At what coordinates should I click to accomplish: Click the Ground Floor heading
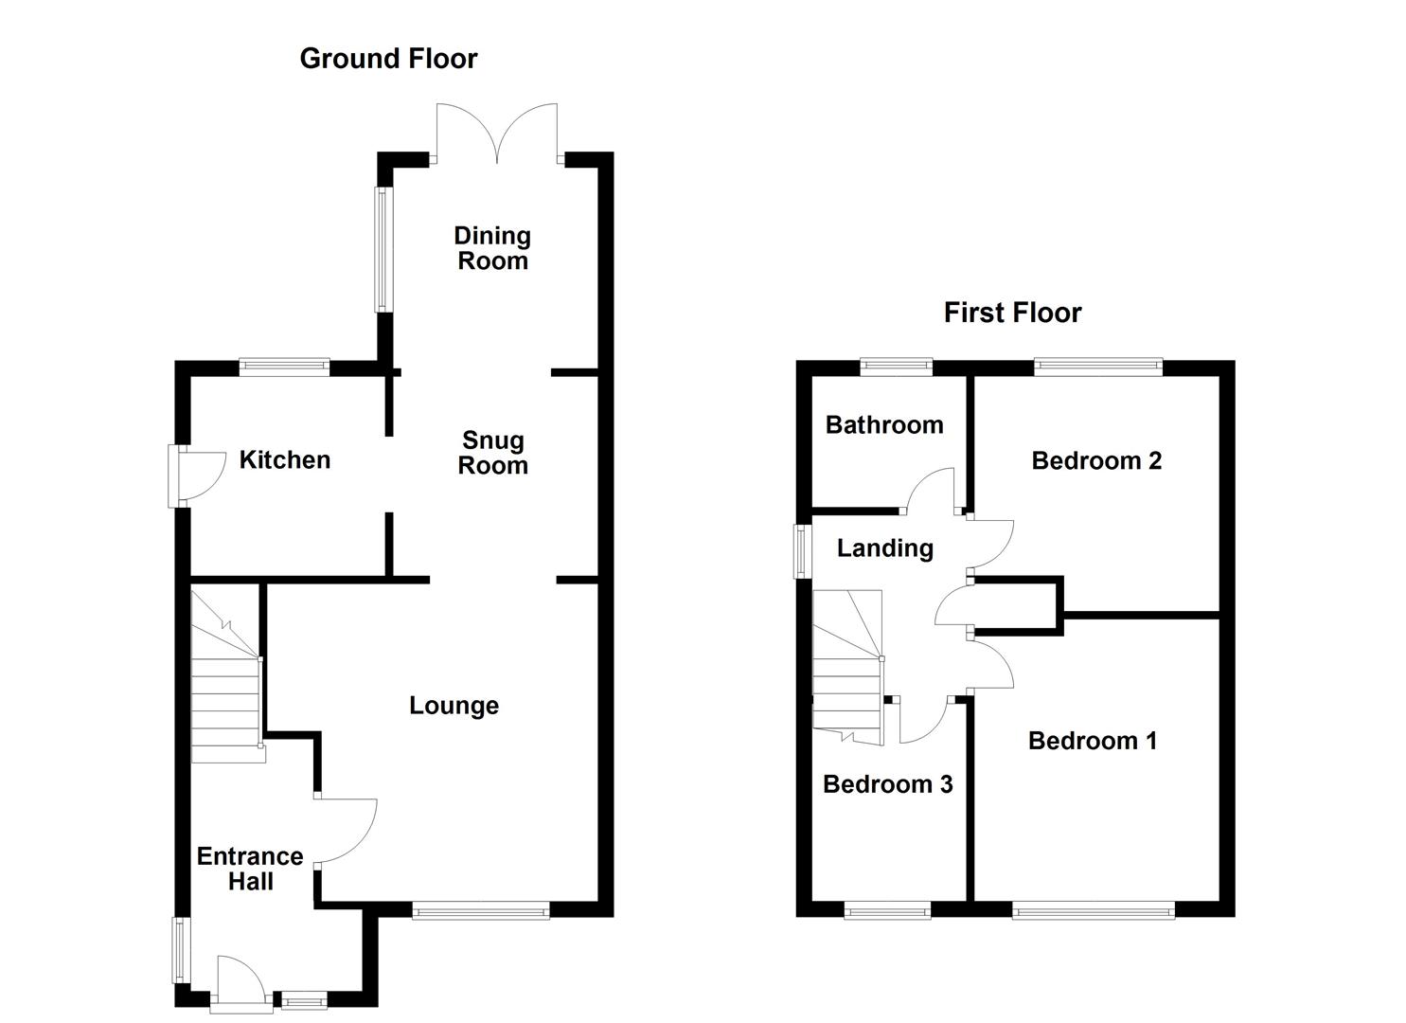click(x=388, y=59)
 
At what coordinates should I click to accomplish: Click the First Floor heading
click(x=1012, y=313)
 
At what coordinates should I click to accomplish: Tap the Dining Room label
click(x=492, y=248)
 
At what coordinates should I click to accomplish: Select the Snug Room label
click(x=492, y=453)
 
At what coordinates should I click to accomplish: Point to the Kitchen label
click(x=284, y=460)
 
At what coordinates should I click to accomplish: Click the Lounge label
click(x=454, y=706)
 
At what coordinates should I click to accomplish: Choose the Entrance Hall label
click(x=250, y=869)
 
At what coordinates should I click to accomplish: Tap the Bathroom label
click(x=884, y=425)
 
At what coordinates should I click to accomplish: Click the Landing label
click(x=885, y=548)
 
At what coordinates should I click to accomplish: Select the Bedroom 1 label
click(x=1093, y=741)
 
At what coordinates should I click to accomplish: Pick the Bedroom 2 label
click(x=1096, y=461)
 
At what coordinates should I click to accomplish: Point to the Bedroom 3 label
click(x=887, y=784)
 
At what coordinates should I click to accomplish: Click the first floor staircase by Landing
click(x=847, y=668)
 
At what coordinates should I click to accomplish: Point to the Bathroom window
click(x=896, y=367)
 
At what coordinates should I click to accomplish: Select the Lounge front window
click(x=481, y=910)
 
